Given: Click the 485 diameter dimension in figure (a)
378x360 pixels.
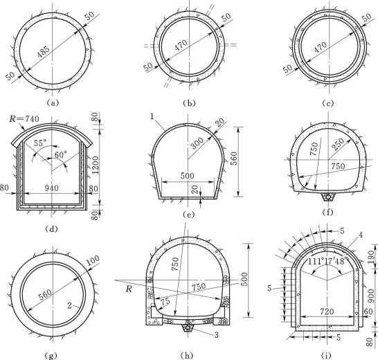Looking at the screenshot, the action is click(x=44, y=51).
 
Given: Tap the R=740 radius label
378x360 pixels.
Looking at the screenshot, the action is click(x=24, y=119).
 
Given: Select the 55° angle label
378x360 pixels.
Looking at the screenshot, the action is click(x=40, y=143).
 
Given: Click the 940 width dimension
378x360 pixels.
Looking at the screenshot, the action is click(x=52, y=188).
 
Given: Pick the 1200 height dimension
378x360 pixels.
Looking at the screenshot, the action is click(x=96, y=165).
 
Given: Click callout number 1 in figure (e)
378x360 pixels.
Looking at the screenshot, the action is click(x=152, y=116).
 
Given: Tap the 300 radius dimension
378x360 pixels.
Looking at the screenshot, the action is click(x=197, y=143).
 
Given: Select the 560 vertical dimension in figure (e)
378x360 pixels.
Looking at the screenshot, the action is click(x=234, y=158).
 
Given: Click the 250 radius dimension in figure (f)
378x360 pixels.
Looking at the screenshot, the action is click(x=339, y=145).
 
